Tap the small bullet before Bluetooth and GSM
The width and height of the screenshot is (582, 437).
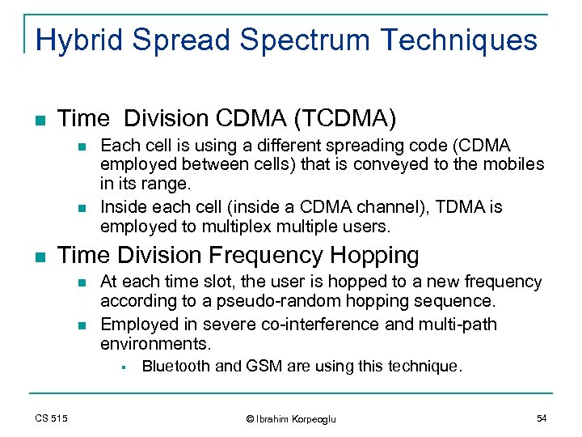coord(119,367)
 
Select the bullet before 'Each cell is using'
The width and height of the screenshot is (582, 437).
coord(78,146)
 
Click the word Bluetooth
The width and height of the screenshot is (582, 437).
coord(172,367)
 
